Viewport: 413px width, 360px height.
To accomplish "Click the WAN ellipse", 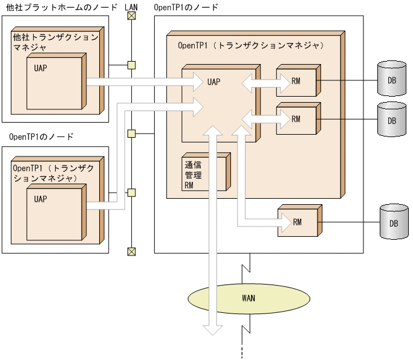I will click(x=248, y=298).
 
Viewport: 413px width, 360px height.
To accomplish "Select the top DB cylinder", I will click(x=391, y=79).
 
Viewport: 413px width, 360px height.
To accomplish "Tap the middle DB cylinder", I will click(x=391, y=120).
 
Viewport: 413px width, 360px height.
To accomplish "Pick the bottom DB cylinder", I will click(x=393, y=223).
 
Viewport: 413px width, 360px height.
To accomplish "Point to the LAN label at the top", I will click(x=131, y=6).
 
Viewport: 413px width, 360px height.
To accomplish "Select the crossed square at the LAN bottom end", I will click(x=131, y=251).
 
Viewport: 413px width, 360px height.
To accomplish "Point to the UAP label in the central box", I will click(x=213, y=80).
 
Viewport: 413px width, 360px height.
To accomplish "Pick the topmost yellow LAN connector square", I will click(x=131, y=65).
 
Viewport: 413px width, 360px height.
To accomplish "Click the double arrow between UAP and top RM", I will click(x=259, y=80).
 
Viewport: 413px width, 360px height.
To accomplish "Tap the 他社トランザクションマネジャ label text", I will click(x=54, y=42).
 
